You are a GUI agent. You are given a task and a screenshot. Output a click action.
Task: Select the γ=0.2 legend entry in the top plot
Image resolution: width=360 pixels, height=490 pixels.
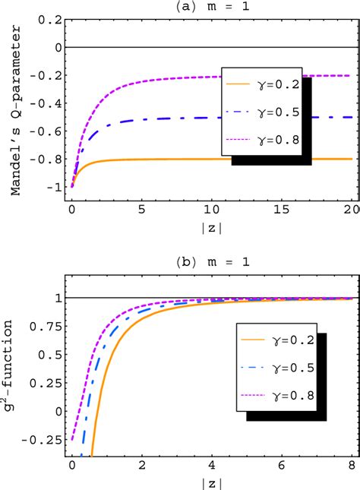pos(263,84)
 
